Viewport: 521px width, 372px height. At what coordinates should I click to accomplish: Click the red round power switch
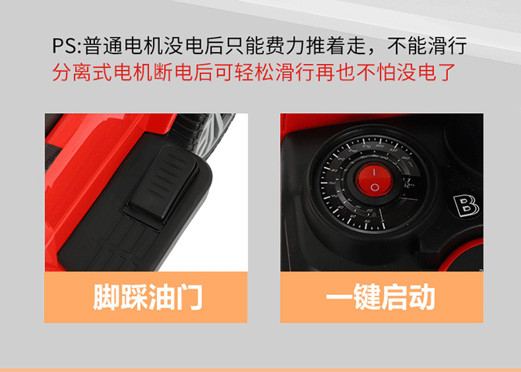tap(374, 180)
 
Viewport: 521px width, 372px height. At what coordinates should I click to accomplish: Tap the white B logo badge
tap(466, 206)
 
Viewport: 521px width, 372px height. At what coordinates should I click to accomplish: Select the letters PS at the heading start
tap(65, 46)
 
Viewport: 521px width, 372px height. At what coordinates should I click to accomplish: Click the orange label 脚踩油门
tap(146, 297)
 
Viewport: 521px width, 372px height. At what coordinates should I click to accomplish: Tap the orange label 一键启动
tap(382, 297)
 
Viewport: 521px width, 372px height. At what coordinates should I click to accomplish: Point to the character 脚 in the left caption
tap(106, 297)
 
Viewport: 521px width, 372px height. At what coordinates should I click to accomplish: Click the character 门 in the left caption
tap(189, 297)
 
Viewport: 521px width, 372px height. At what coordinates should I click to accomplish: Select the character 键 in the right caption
tap(367, 297)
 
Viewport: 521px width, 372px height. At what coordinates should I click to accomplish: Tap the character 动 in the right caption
tap(422, 297)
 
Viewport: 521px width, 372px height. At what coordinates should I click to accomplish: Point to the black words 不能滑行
tap(427, 46)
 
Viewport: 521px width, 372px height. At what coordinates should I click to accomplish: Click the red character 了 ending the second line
tap(445, 72)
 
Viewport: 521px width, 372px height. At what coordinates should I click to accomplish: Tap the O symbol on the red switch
tap(375, 187)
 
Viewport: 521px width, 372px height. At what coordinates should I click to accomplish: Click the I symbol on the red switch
tap(374, 172)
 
